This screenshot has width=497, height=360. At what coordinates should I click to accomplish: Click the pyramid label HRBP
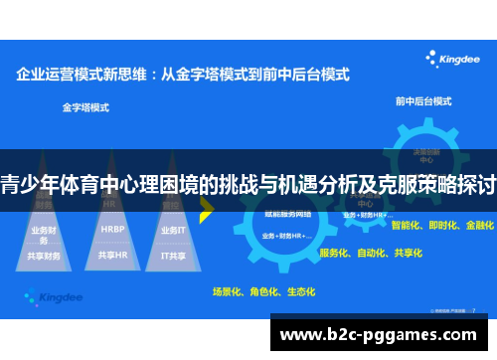coord(112,229)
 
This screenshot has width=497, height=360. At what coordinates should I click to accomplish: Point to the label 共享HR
coord(112,256)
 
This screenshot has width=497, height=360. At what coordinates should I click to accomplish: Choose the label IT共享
coord(174,256)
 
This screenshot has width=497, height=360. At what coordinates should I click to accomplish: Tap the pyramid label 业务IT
coord(174,229)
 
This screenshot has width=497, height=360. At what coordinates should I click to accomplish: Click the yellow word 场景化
coord(228,291)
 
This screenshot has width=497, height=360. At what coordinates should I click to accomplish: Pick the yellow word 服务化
coord(335,253)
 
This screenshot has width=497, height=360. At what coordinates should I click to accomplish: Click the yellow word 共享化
coord(407,253)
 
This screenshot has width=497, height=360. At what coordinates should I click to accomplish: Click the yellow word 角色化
coord(263,291)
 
